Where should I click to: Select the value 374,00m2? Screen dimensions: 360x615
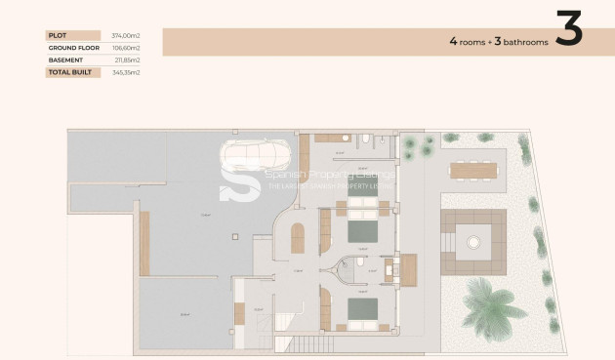pos(126,35)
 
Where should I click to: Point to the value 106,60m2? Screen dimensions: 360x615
pos(126,47)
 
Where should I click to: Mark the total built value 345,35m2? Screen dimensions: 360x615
pos(126,72)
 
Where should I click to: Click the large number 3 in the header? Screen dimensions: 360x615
pos(568,31)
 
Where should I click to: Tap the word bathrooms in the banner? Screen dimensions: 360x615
pos(521,42)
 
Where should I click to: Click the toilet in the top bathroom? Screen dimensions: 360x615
pos(363,140)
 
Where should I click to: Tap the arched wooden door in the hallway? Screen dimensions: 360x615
pos(299,237)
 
